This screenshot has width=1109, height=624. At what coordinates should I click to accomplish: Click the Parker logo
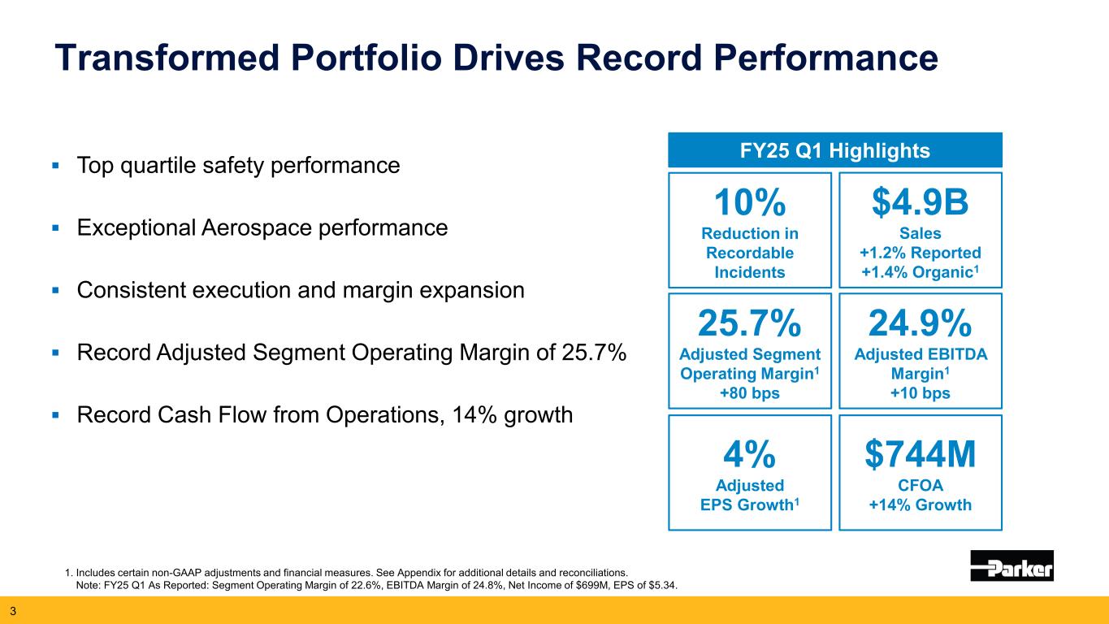pos(1012,565)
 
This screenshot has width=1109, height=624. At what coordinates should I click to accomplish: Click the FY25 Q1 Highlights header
pos(835,150)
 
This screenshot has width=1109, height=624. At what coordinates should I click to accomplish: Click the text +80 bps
pos(749,393)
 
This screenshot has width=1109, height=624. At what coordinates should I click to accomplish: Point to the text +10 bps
pos(920,393)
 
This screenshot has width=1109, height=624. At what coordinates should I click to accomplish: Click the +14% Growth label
pos(920,505)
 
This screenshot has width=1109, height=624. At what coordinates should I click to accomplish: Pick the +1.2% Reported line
pos(920,252)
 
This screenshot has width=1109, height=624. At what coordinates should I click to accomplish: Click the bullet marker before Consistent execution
pos(56,291)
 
